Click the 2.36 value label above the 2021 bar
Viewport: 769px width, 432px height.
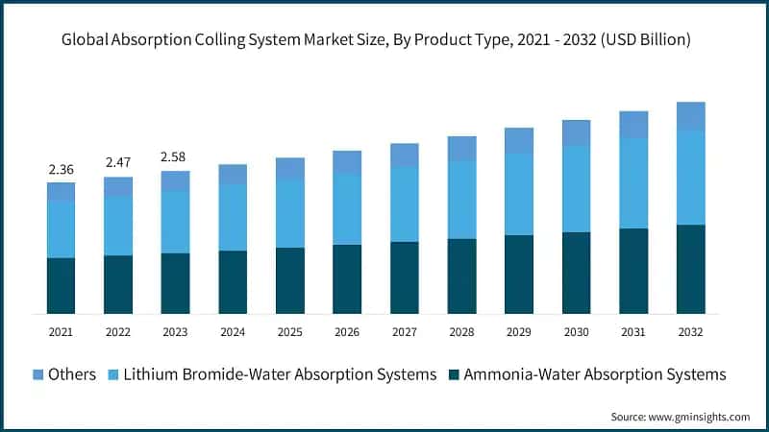[62, 170]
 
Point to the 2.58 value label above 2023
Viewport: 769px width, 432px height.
[176, 156]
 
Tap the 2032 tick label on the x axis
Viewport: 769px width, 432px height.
[690, 331]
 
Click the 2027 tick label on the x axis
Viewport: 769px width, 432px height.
[405, 331]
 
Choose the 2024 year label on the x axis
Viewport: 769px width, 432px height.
[233, 331]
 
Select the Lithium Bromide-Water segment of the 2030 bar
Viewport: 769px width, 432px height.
[576, 188]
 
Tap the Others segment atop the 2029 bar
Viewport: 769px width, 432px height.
[519, 140]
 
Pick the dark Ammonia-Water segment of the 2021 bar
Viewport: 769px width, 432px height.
[62, 285]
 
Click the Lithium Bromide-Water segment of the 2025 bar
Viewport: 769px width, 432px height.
[290, 213]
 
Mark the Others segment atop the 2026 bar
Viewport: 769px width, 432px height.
[347, 162]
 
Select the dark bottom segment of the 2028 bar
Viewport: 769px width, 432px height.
[461, 276]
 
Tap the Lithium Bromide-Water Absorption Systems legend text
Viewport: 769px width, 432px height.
[280, 373]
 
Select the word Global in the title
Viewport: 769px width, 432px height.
[87, 39]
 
